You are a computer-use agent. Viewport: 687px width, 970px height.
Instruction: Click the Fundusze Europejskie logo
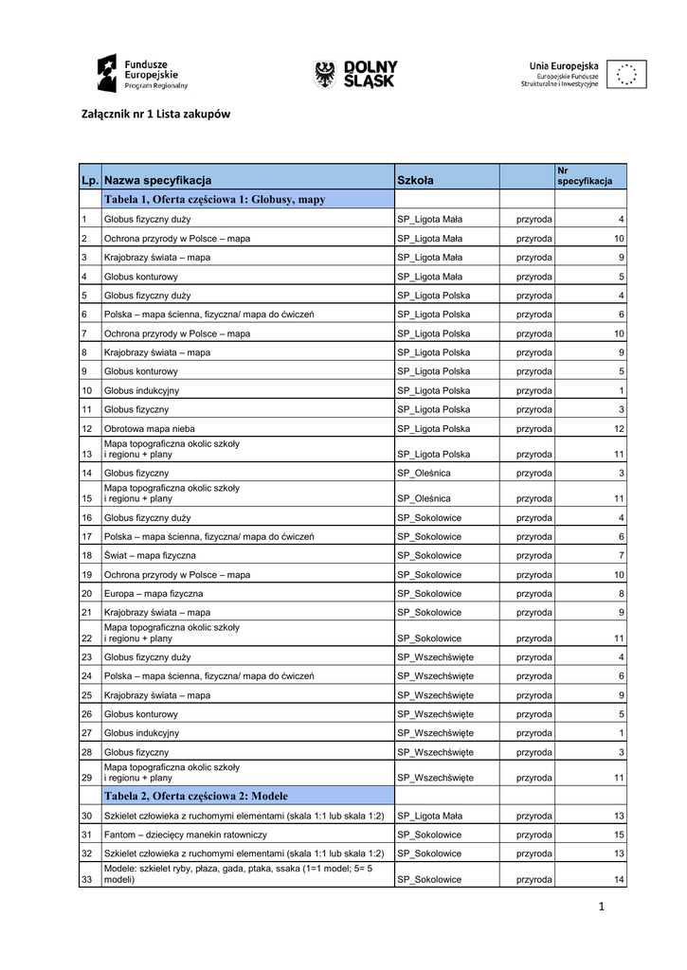pos(141,72)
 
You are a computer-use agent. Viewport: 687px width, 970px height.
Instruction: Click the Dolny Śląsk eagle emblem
pos(325,73)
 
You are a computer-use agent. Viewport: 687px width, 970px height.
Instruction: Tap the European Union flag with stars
pos(625,74)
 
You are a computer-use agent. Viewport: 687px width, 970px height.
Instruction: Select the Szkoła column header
pos(415,180)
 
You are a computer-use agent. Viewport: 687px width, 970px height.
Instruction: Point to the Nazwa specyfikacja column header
pos(158,180)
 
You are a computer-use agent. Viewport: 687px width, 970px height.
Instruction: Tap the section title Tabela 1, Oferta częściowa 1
pos(214,200)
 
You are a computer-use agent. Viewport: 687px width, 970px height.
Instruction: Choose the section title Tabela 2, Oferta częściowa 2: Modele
pos(196,796)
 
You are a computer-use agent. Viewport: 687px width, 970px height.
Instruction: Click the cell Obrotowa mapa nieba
pos(150,428)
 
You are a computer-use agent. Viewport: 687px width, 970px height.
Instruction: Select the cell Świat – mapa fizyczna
pos(150,555)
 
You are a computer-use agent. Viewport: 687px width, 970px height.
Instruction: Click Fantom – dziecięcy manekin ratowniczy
pos(186,835)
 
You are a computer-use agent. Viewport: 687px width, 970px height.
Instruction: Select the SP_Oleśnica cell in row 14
pos(424,473)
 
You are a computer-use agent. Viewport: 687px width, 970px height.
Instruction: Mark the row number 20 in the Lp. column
pos(86,593)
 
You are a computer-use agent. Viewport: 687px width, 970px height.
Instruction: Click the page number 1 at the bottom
pos(601,907)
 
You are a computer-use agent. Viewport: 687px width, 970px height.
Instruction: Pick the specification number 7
pos(622,555)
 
